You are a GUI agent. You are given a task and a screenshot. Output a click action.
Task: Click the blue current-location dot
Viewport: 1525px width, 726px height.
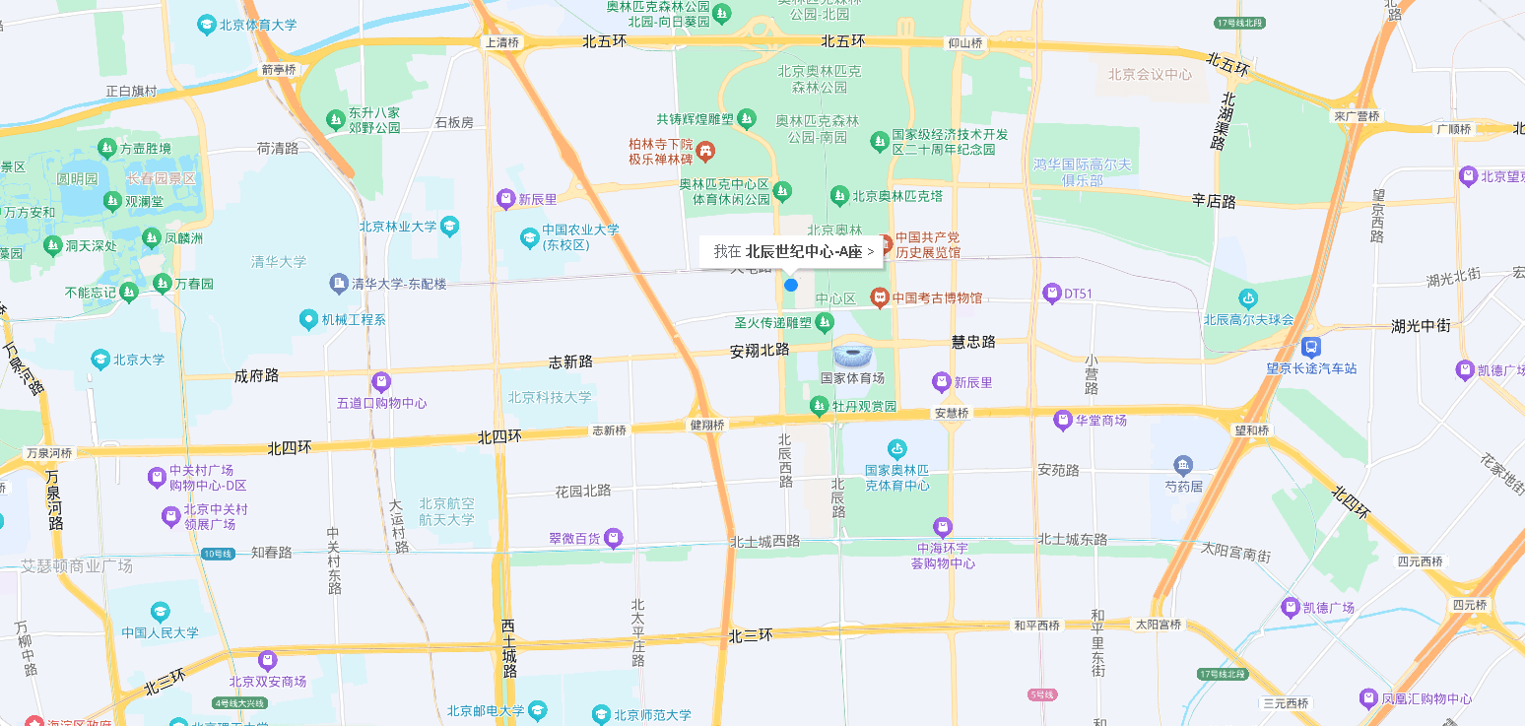790,285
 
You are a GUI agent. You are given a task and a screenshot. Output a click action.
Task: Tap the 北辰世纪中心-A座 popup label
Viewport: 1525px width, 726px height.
793,251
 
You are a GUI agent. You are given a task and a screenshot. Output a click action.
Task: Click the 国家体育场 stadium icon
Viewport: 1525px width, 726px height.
852,356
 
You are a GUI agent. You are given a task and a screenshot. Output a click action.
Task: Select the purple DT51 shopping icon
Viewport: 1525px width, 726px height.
1052,293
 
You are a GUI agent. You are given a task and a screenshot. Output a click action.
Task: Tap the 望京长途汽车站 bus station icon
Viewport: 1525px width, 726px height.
1311,347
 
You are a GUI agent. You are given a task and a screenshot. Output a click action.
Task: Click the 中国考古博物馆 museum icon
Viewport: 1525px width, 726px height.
879,297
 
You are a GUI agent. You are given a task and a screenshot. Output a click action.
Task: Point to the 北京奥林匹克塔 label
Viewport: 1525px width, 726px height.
897,196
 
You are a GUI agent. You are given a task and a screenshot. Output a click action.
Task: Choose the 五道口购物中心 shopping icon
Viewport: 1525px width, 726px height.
381,381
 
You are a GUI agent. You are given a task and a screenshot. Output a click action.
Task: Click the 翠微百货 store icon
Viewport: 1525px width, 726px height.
614,538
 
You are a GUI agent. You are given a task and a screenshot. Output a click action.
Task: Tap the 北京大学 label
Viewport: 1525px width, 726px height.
139,360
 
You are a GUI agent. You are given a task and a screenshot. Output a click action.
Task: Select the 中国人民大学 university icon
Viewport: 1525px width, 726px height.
161,612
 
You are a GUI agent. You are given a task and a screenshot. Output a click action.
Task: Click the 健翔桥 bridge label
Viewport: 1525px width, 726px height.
707,426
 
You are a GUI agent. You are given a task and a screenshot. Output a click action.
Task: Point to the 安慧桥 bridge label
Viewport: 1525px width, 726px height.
952,413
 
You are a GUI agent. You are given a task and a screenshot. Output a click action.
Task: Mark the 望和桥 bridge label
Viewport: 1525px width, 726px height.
1251,429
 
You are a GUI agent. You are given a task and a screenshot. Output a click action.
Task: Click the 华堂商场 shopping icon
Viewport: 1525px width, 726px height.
1062,421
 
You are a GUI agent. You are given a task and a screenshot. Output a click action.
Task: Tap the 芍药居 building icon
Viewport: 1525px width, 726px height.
1183,465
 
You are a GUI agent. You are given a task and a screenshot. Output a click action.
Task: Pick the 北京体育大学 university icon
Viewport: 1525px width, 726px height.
207,25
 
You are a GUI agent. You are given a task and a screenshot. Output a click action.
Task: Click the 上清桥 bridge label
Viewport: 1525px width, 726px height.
501,42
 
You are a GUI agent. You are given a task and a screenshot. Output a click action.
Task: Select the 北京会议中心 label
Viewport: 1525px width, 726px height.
1150,74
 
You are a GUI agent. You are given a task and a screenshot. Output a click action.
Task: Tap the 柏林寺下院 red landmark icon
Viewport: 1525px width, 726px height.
705,152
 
